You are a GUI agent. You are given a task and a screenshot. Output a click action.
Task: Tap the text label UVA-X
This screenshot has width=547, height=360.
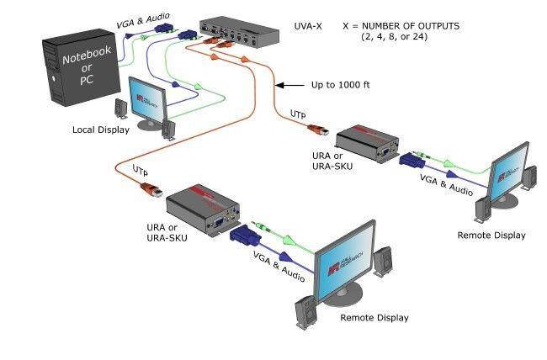(313, 26)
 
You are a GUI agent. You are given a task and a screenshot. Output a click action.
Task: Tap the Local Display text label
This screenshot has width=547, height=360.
(101, 130)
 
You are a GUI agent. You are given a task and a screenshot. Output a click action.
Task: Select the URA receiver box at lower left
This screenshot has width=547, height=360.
(202, 210)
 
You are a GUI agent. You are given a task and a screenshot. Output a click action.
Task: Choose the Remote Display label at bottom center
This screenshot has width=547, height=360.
(374, 318)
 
